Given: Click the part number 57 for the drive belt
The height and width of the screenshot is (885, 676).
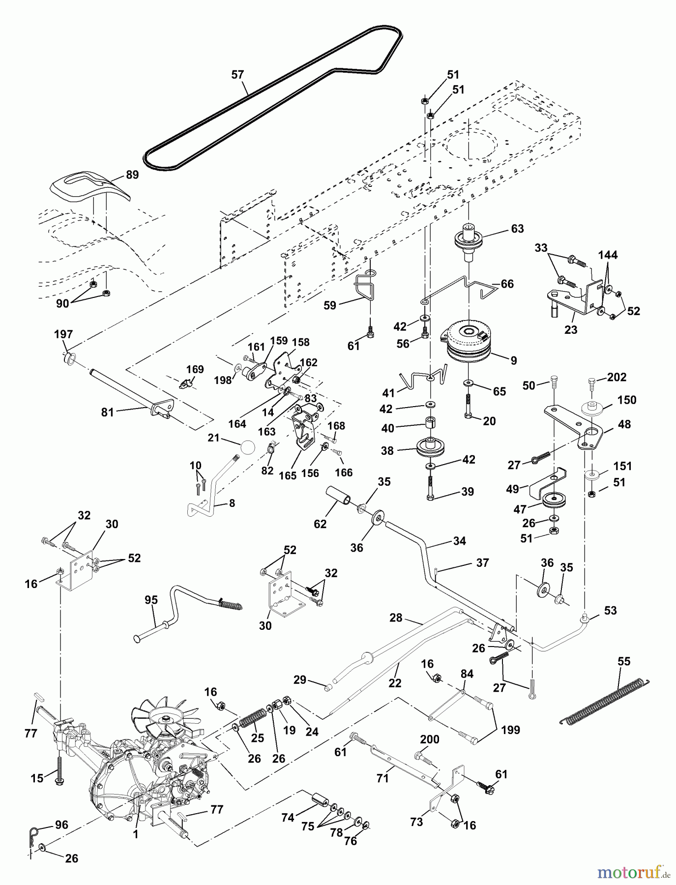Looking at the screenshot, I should coord(237,75).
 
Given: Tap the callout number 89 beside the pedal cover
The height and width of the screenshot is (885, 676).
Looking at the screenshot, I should coord(132,175).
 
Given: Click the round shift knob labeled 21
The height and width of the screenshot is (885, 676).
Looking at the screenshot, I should coord(247,449).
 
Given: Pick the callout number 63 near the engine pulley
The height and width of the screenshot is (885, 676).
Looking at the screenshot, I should coord(518,229).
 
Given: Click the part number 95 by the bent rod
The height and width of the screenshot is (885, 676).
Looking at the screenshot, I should coord(151,601).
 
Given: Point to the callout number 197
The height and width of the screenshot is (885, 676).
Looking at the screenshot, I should coord(63,335).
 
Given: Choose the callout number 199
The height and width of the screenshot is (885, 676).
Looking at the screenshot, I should coord(510,730).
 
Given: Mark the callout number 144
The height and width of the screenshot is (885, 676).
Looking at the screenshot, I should coord(608,255).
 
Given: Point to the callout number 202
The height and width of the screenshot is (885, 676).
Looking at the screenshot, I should coord(617,378).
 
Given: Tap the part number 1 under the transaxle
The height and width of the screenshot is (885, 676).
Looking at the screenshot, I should coord(135,835).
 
